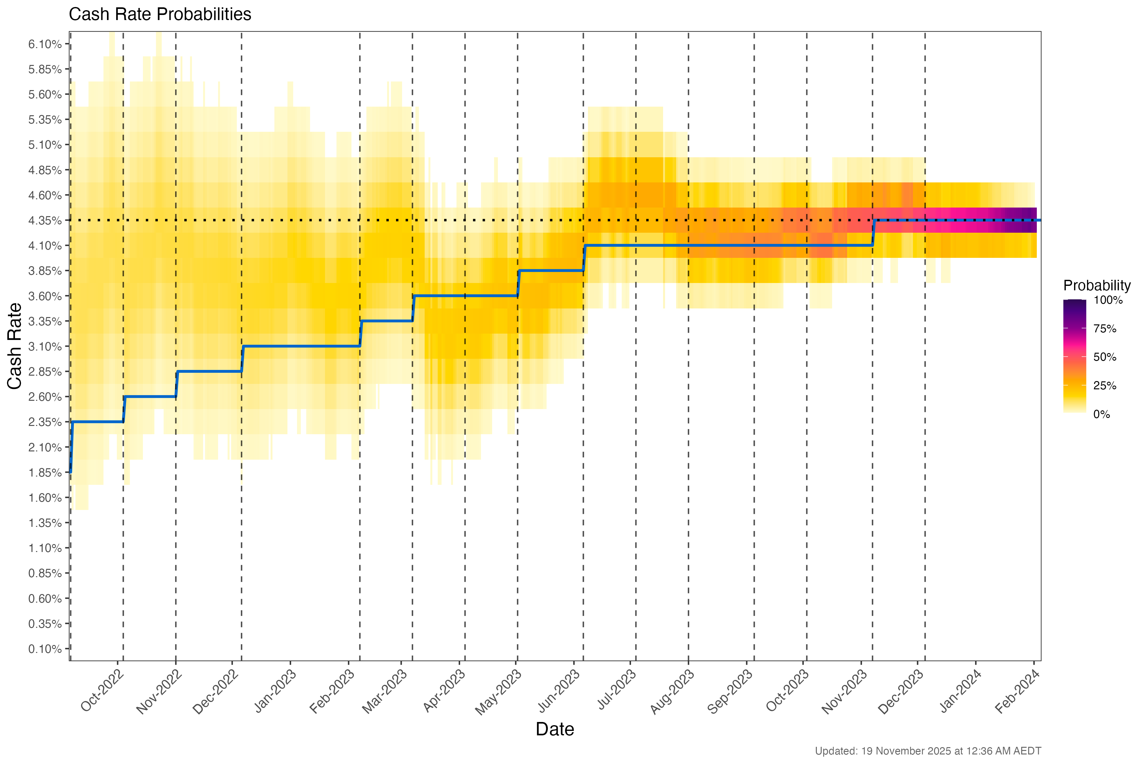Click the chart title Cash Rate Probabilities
coord(160,15)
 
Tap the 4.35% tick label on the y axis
coord(45,221)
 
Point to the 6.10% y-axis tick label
coord(45,44)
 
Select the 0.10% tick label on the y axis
coord(45,649)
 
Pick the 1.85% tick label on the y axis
coord(45,473)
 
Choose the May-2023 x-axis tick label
coord(498,692)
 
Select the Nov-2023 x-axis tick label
coord(845,692)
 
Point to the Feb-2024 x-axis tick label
coord(1017,692)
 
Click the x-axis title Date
coord(555,729)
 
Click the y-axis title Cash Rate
coord(15,346)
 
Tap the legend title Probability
coord(1097,286)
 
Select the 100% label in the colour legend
coord(1108,300)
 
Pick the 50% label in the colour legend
coord(1105,357)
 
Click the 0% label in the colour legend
coord(1102,415)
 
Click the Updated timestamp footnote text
coord(928,751)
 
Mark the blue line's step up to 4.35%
coord(874,233)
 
